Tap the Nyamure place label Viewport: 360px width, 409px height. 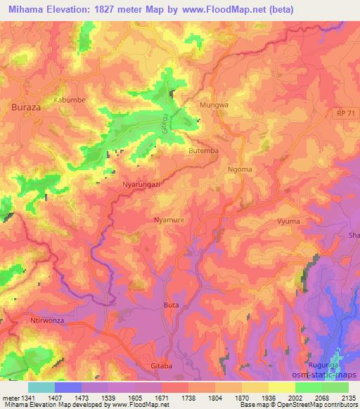click(169, 220)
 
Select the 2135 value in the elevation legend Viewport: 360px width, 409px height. click(347, 397)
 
